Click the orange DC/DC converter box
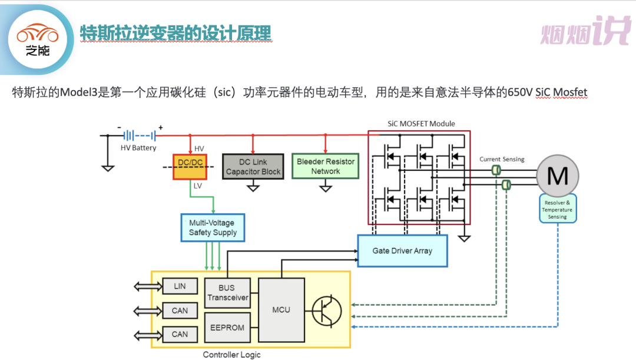(x=190, y=167)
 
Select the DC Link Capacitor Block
(x=253, y=167)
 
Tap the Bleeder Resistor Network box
(x=326, y=166)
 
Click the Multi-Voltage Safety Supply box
(x=213, y=227)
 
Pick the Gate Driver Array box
(x=402, y=250)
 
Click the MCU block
(x=281, y=309)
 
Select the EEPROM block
(x=227, y=328)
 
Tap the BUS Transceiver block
(x=227, y=293)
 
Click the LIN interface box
(x=180, y=286)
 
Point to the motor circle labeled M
(x=557, y=176)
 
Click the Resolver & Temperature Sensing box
(x=557, y=210)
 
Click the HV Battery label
(x=138, y=148)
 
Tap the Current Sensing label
(x=502, y=159)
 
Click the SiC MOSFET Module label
(x=421, y=124)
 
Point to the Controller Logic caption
(x=231, y=355)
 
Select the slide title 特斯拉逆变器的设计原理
(x=175, y=33)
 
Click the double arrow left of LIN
(x=147, y=286)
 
